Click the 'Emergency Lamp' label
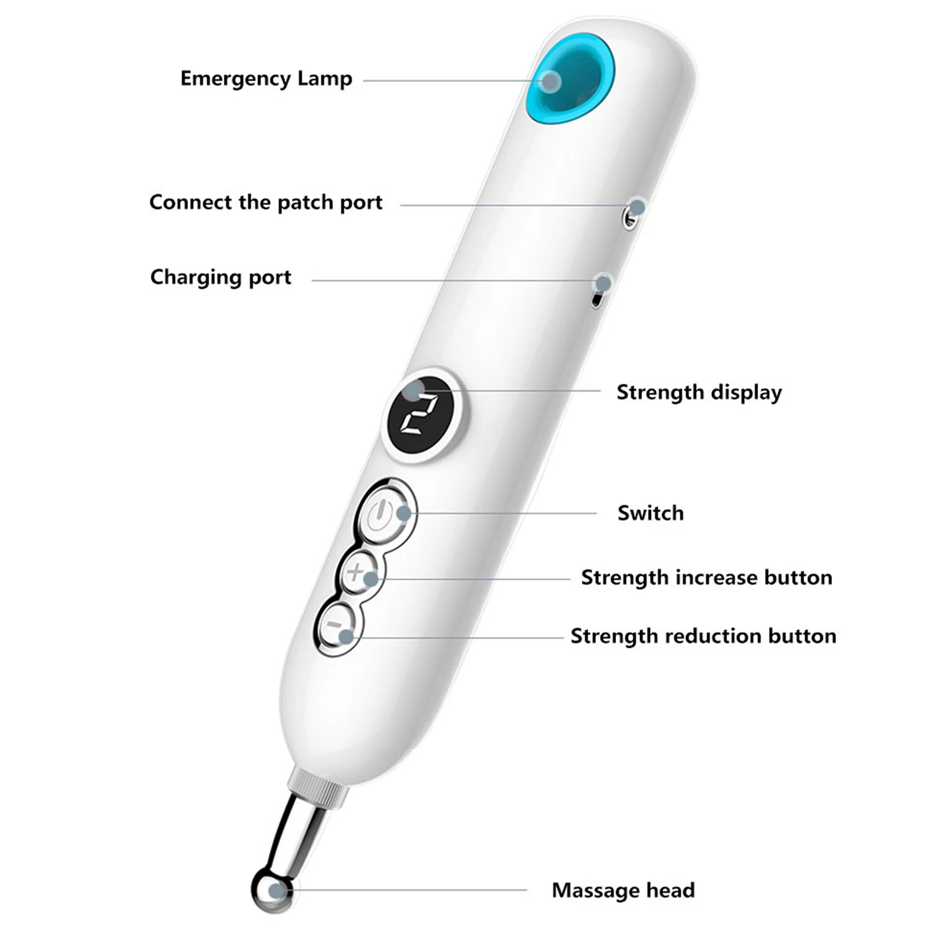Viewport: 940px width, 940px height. pyautogui.click(x=266, y=79)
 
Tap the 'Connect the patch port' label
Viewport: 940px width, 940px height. pyautogui.click(x=266, y=202)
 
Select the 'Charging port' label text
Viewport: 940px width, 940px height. pyautogui.click(x=220, y=277)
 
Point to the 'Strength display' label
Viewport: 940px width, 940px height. pyautogui.click(x=699, y=392)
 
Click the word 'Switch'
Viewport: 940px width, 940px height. pyautogui.click(x=650, y=513)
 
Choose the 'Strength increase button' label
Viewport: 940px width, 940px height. pyautogui.click(x=706, y=577)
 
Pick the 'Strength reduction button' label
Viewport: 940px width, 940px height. pyautogui.click(x=703, y=636)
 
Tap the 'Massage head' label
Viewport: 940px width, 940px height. pyautogui.click(x=623, y=889)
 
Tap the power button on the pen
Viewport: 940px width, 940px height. pyautogui.click(x=381, y=512)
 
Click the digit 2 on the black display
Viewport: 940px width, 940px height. pyautogui.click(x=419, y=415)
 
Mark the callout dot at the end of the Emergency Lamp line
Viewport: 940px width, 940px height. pyautogui.click(x=550, y=82)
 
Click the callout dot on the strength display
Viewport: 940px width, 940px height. pyautogui.click(x=414, y=390)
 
